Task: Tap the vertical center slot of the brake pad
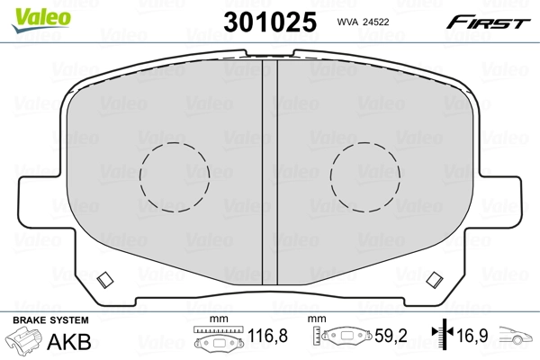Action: tap(269, 180)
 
